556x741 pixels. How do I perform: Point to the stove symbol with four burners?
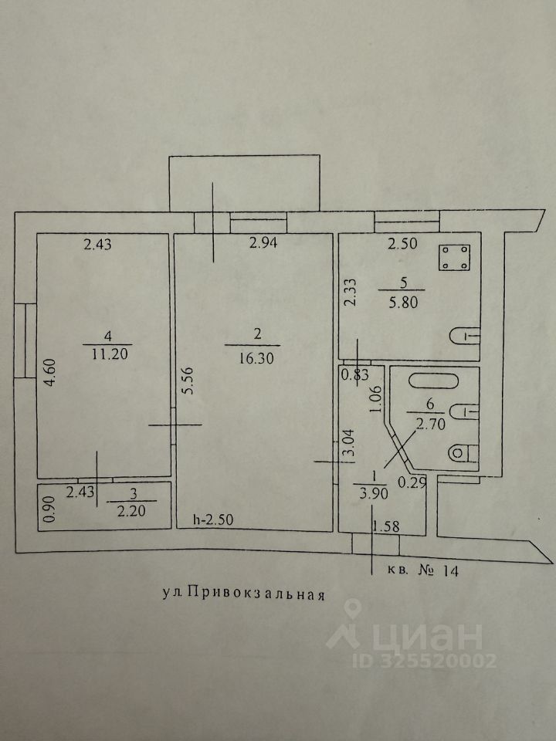pos(456,258)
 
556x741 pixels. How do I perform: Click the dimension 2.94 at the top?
pos(263,245)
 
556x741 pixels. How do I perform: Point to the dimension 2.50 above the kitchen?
pos(401,245)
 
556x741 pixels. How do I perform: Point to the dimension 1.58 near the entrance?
pos(385,526)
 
